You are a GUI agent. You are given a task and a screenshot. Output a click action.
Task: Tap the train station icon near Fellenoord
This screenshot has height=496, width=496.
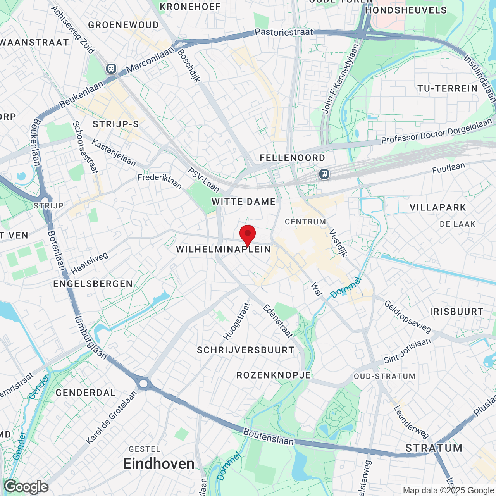324,174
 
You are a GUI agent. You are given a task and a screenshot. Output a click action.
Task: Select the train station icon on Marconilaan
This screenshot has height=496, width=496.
111,69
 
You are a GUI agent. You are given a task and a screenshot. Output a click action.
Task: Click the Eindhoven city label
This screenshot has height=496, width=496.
159,464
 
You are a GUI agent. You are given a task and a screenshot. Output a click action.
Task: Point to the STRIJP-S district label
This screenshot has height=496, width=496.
115,124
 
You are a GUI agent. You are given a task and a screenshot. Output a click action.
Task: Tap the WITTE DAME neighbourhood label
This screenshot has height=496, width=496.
244,201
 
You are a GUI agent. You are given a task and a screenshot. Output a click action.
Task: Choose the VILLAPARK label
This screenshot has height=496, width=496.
438,207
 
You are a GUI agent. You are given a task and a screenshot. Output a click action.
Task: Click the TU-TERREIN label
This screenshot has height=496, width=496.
448,89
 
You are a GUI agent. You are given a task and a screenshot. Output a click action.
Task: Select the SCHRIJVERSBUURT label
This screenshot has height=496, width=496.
246,350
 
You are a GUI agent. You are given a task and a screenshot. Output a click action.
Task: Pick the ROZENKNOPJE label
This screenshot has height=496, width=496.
274,375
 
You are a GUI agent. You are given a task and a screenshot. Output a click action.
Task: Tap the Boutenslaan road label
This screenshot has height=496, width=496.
269,437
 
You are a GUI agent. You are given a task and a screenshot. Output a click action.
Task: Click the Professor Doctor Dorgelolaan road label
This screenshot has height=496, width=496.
436,132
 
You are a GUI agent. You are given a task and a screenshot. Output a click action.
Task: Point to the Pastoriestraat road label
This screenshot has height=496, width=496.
284,32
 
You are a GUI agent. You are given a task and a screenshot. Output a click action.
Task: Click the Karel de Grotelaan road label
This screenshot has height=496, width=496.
112,418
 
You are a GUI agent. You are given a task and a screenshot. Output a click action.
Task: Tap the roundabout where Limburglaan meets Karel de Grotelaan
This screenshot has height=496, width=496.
144,384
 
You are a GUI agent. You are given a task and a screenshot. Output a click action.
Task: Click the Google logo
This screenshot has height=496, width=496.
26,487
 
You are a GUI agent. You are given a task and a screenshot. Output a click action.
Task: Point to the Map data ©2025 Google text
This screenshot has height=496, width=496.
449,491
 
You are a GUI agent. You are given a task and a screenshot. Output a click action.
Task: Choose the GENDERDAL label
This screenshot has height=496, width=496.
86,393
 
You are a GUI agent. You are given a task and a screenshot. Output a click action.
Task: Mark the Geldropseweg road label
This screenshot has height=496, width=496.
408,317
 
